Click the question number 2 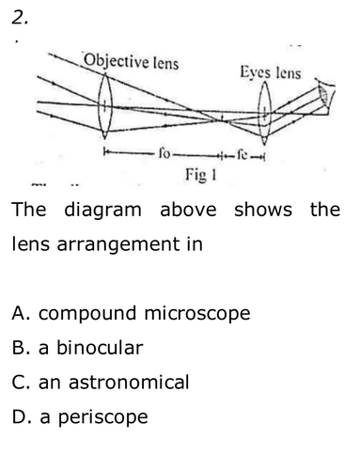pyautogui.click(x=20, y=17)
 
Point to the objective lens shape pyautogui.click(x=104, y=106)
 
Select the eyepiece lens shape pyautogui.click(x=265, y=113)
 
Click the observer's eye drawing pyautogui.click(x=325, y=95)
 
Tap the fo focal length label pyautogui.click(x=164, y=153)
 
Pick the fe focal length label pyautogui.click(x=243, y=154)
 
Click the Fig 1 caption pyautogui.click(x=201, y=175)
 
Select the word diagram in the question pyautogui.click(x=102, y=211)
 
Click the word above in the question pyautogui.click(x=188, y=210)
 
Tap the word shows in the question pyautogui.click(x=263, y=210)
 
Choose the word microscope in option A pyautogui.click(x=197, y=314)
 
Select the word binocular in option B pyautogui.click(x=100, y=348)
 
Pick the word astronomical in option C pyautogui.click(x=129, y=382)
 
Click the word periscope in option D pyautogui.click(x=103, y=417)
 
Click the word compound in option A pyautogui.click(x=87, y=314)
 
